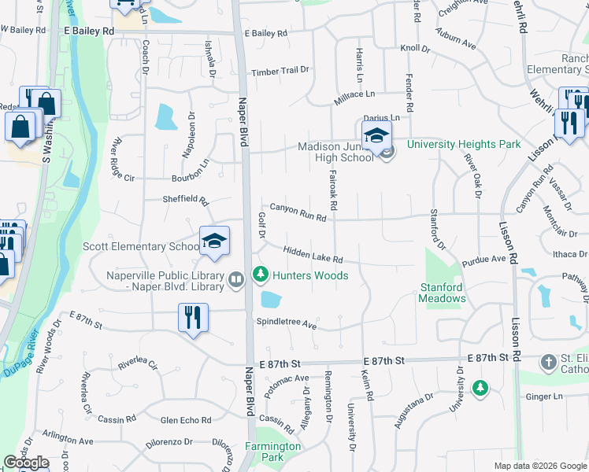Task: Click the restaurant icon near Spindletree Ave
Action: click(x=193, y=318)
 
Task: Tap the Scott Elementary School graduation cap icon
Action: click(x=213, y=242)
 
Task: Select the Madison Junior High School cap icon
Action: click(x=376, y=135)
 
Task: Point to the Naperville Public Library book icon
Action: click(x=235, y=280)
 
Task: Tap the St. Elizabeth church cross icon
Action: click(x=548, y=363)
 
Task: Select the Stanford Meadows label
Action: click(x=443, y=293)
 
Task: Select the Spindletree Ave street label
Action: click(x=286, y=323)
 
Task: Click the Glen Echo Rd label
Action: click(x=186, y=420)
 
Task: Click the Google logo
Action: click(x=26, y=463)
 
